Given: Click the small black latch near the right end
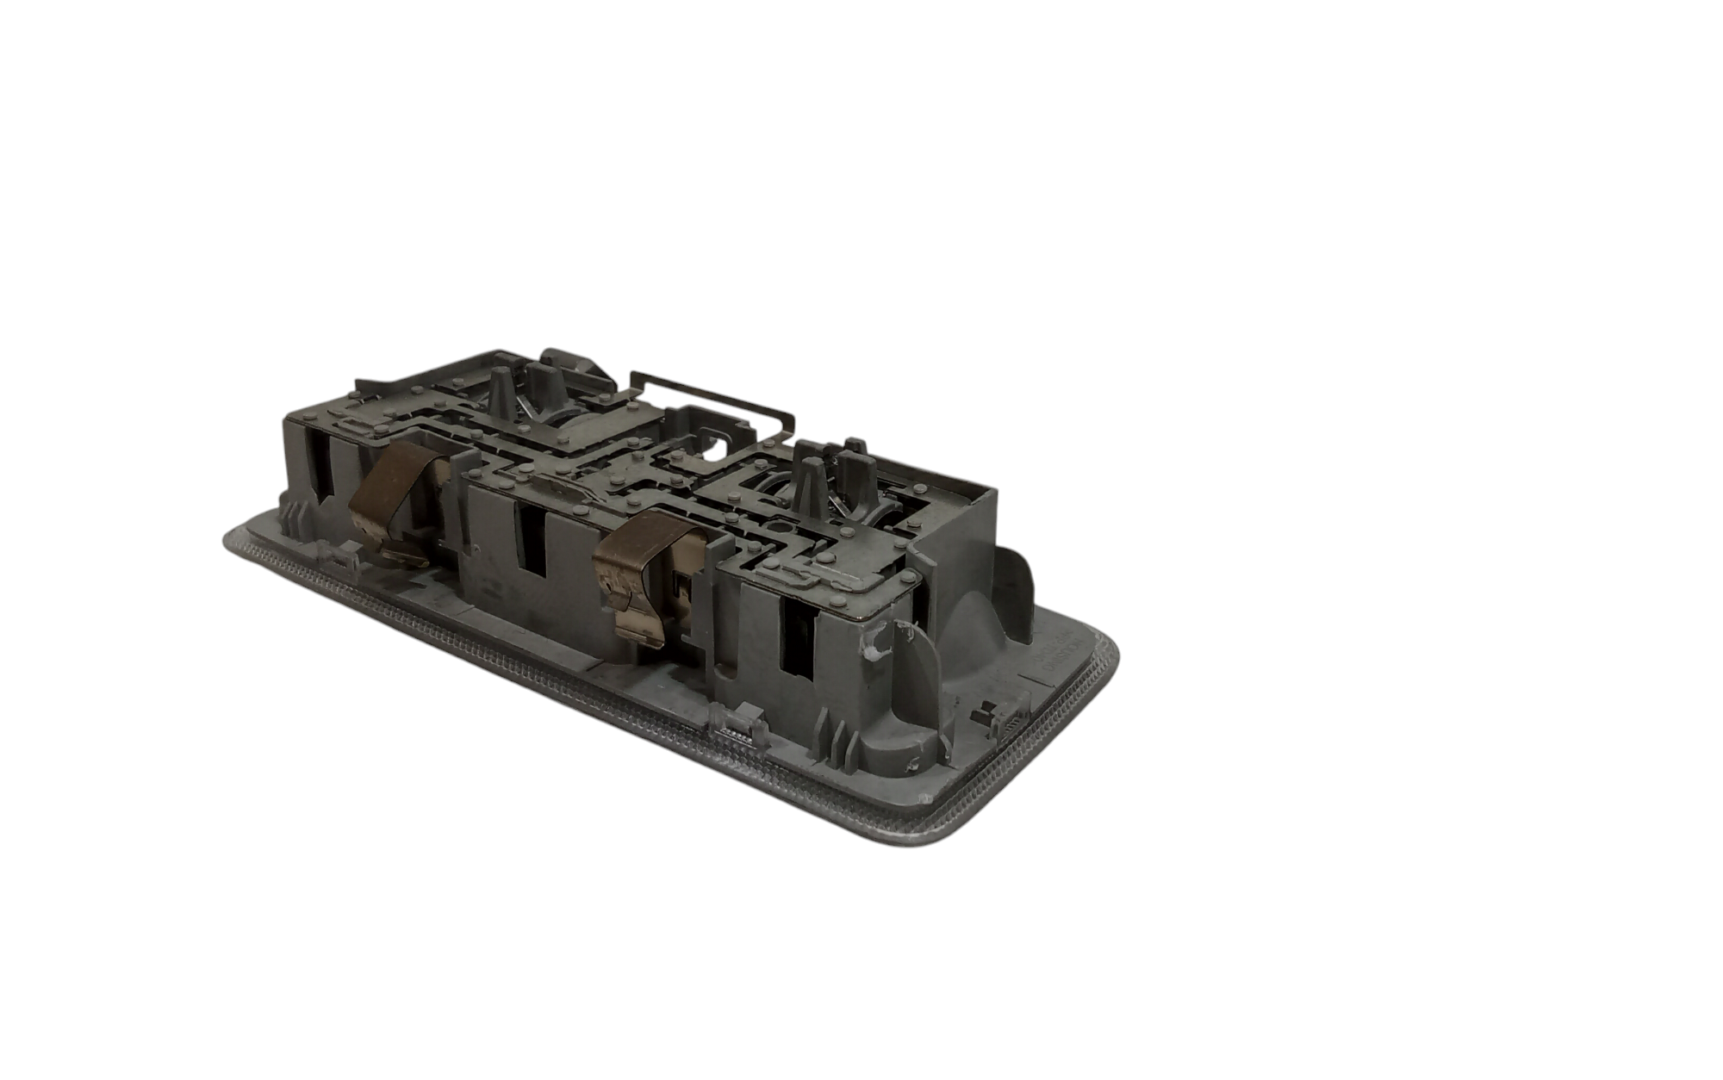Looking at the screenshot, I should point(985,714).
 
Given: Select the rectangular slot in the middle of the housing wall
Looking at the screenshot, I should point(532,539).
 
